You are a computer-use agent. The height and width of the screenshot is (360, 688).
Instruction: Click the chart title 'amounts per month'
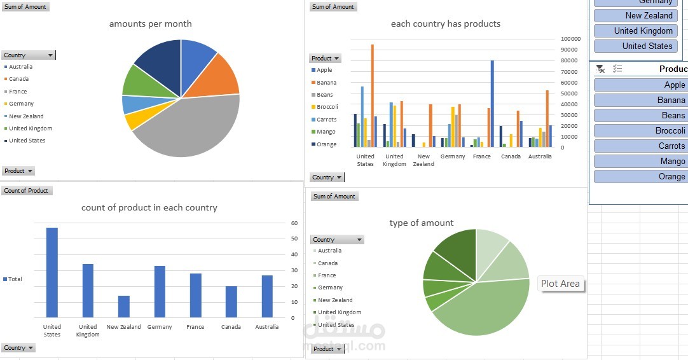tap(150, 24)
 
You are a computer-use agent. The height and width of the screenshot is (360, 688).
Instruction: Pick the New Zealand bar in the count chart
tap(123, 306)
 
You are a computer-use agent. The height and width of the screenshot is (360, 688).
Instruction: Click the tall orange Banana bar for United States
tap(373, 95)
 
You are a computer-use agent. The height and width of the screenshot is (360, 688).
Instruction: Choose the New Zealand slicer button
tap(636, 15)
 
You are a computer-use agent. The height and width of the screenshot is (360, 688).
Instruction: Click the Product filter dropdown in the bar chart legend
tap(326, 59)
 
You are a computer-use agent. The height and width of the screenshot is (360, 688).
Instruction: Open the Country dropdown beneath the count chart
tap(18, 348)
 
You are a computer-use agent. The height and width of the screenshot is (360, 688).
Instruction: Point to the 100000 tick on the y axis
tap(570, 39)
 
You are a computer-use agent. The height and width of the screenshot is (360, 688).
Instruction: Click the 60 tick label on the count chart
tap(294, 223)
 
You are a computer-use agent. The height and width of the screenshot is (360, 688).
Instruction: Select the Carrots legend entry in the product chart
tap(327, 120)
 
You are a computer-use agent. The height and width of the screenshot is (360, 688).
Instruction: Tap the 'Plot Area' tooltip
tap(560, 284)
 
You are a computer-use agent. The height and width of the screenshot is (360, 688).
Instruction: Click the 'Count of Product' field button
tap(26, 191)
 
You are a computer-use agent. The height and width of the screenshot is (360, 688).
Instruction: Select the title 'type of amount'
tap(422, 223)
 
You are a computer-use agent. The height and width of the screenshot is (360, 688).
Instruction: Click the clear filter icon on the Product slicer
tap(600, 69)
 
